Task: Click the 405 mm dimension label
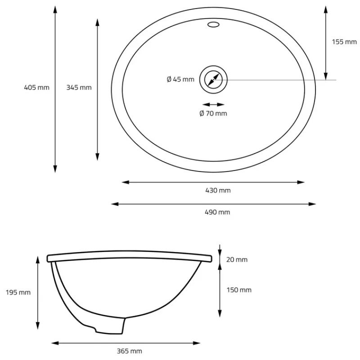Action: [36, 87]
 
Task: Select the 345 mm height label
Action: [79, 87]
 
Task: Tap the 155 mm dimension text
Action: [344, 42]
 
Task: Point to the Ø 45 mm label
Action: [180, 80]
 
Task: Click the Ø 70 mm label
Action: [213, 113]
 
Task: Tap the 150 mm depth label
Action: [239, 290]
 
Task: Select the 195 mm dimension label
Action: [18, 292]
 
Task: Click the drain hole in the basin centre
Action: [213, 80]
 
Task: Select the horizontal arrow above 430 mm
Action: [213, 182]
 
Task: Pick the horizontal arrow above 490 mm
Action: [213, 204]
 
